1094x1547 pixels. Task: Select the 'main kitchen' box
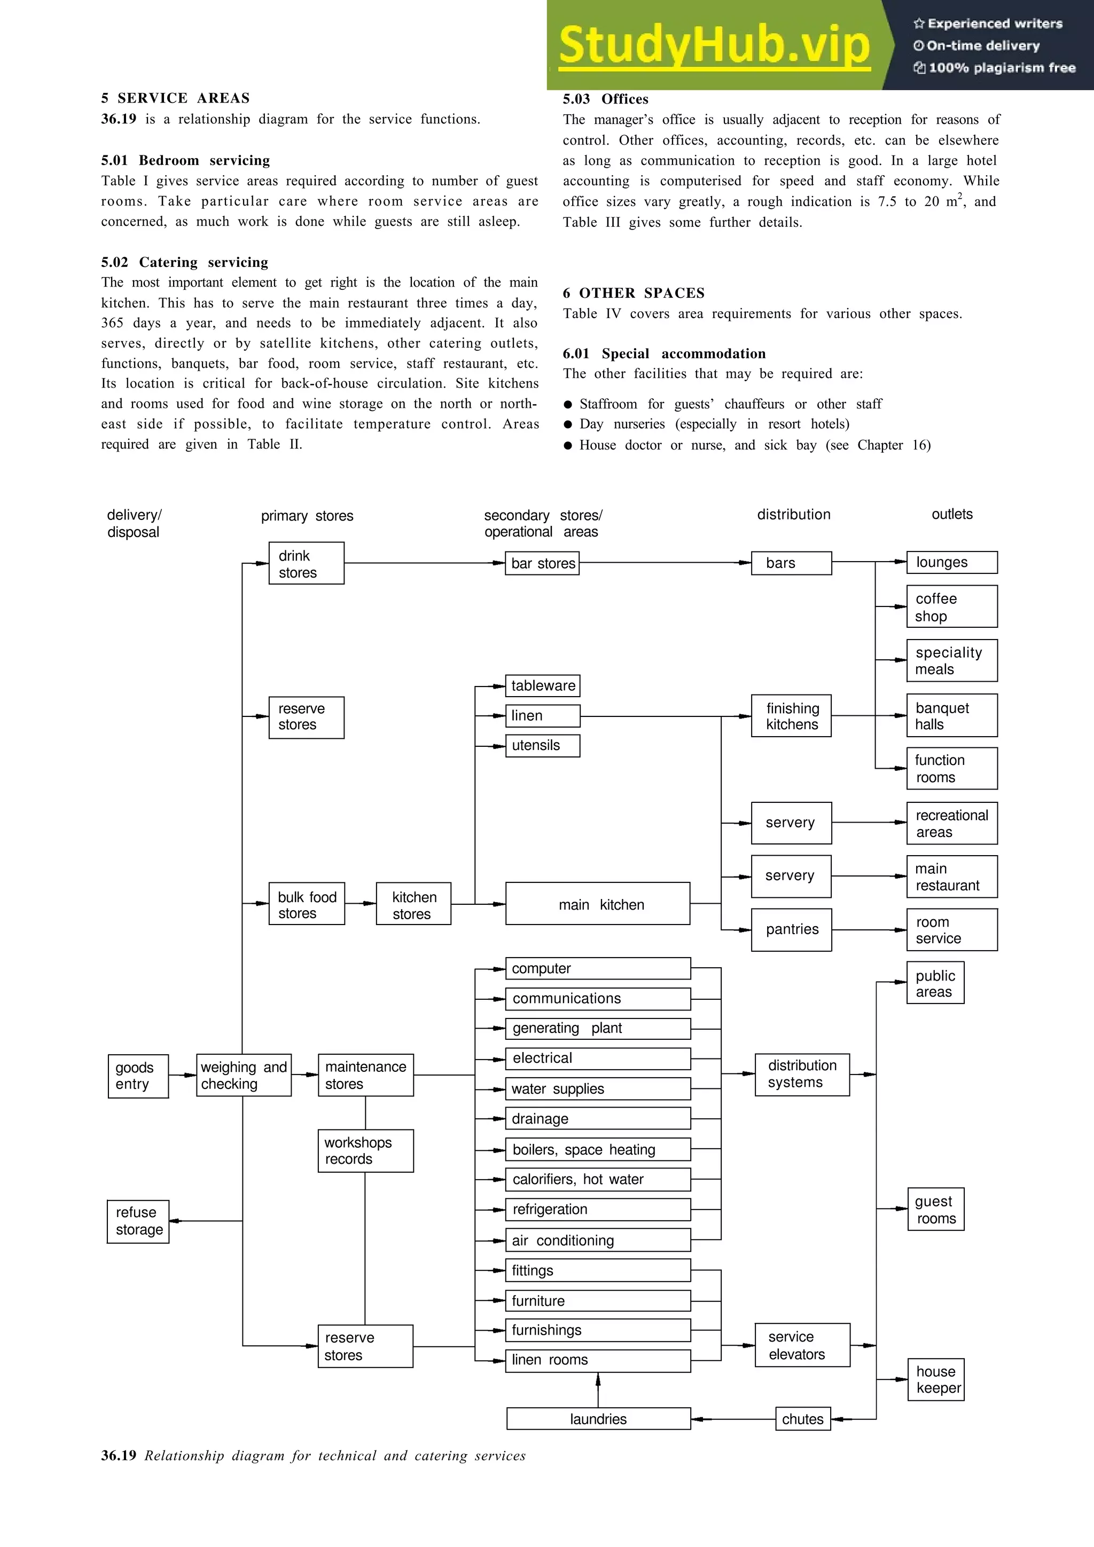[x=597, y=904]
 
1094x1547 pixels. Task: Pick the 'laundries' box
[x=598, y=1418]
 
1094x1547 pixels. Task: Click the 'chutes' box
[x=802, y=1418]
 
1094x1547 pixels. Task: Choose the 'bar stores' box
[x=542, y=563]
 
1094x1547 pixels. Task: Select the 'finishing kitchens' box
[x=791, y=715]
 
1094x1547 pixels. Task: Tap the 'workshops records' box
[x=365, y=1151]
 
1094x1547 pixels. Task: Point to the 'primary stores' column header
[x=307, y=516]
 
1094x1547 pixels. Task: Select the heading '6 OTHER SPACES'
[x=634, y=293]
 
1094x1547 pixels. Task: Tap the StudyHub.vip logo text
[x=714, y=46]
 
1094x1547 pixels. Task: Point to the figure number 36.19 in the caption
[x=119, y=1455]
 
